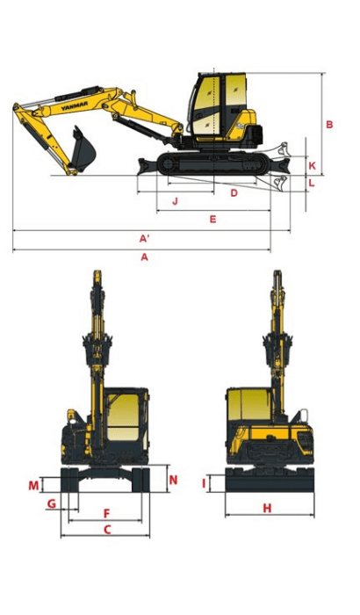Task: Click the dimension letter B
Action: pos(329,125)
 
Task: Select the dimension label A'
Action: pos(145,238)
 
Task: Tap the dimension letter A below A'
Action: pos(145,257)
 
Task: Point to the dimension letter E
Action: pos(212,219)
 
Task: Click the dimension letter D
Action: pos(234,192)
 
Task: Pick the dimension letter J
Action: pos(175,201)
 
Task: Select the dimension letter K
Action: pos(313,164)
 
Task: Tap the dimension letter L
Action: pos(313,183)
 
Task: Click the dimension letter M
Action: pos(33,486)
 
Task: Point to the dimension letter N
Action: pos(173,480)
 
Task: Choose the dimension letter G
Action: pos(52,503)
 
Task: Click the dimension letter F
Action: pos(106,512)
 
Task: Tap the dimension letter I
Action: pos(204,482)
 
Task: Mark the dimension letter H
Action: pos(267,508)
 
